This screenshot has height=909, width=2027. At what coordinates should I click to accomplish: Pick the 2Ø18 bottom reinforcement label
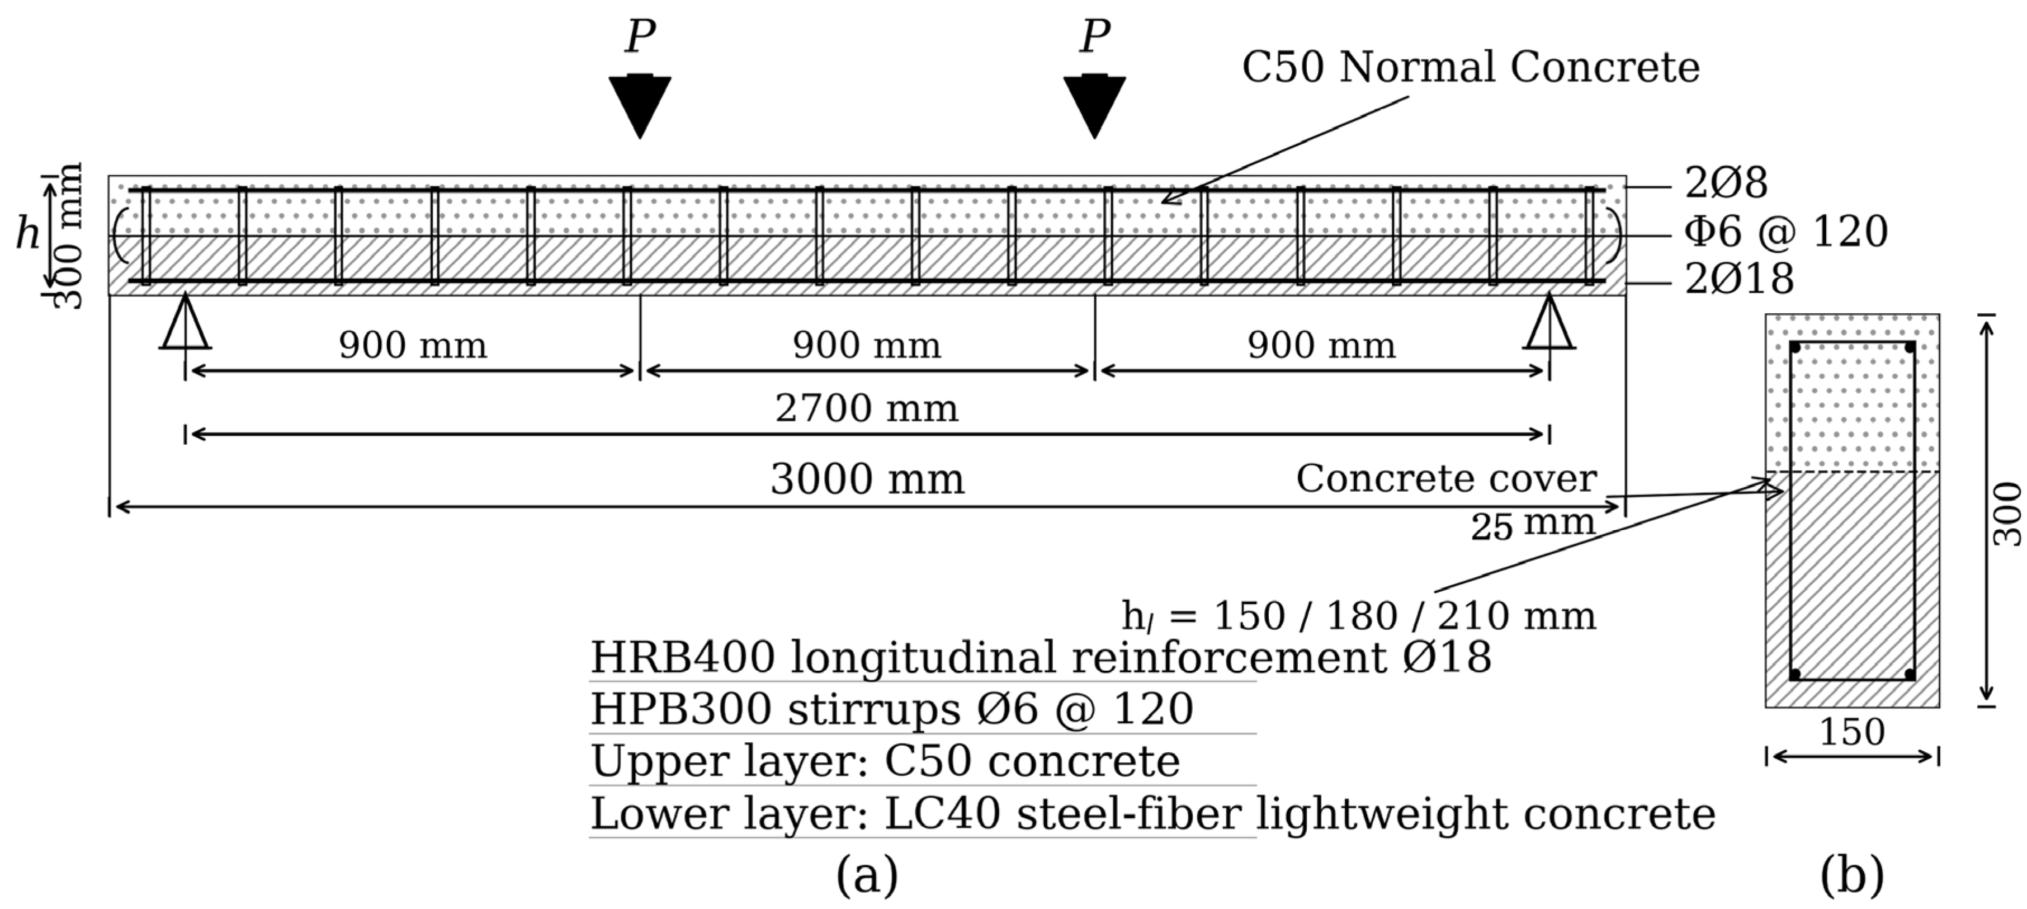point(1739,279)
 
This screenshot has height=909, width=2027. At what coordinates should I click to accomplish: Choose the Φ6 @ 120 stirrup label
point(1785,232)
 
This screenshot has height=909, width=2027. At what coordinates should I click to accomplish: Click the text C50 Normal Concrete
point(1470,67)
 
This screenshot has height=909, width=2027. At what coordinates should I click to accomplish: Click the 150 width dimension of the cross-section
point(1851,732)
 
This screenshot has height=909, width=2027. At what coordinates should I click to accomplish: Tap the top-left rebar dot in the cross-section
point(1795,347)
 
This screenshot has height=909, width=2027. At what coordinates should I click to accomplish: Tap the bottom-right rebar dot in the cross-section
point(1910,675)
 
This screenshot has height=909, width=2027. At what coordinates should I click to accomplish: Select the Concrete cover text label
point(1446,478)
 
